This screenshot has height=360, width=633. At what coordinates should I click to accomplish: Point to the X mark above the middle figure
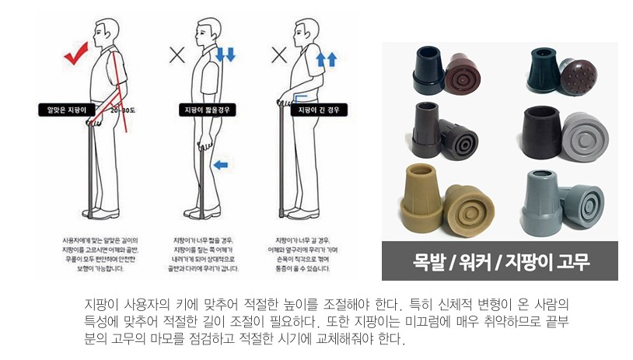(x=177, y=54)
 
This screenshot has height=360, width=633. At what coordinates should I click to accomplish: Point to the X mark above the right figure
(x=279, y=55)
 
